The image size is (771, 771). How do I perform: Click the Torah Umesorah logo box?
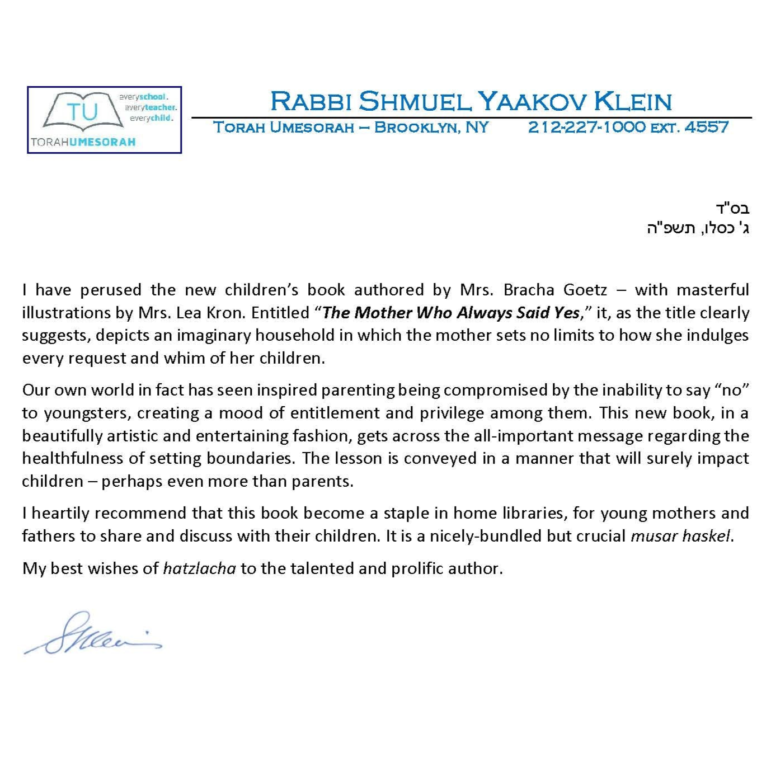point(105,120)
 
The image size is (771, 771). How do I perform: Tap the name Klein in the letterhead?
point(632,101)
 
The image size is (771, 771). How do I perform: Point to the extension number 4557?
point(707,127)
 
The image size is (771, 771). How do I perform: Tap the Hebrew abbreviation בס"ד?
point(732,209)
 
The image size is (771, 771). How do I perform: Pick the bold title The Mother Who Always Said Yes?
point(451,312)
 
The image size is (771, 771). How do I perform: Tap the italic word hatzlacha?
point(199,568)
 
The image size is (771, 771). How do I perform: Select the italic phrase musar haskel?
point(680,536)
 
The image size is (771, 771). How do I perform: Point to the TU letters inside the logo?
point(82,112)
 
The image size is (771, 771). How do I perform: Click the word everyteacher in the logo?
point(151,107)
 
